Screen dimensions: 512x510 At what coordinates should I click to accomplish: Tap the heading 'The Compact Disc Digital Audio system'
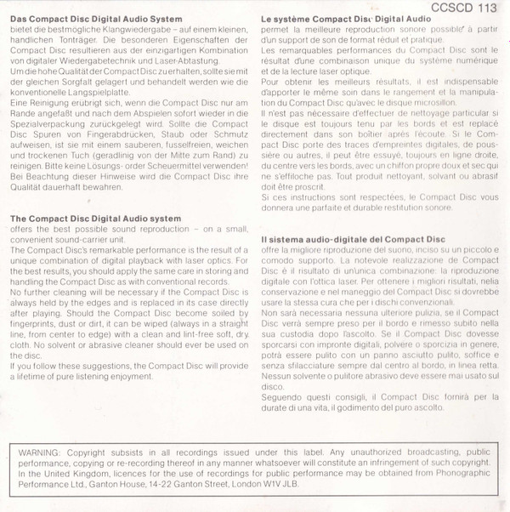pyautogui.click(x=95, y=219)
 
